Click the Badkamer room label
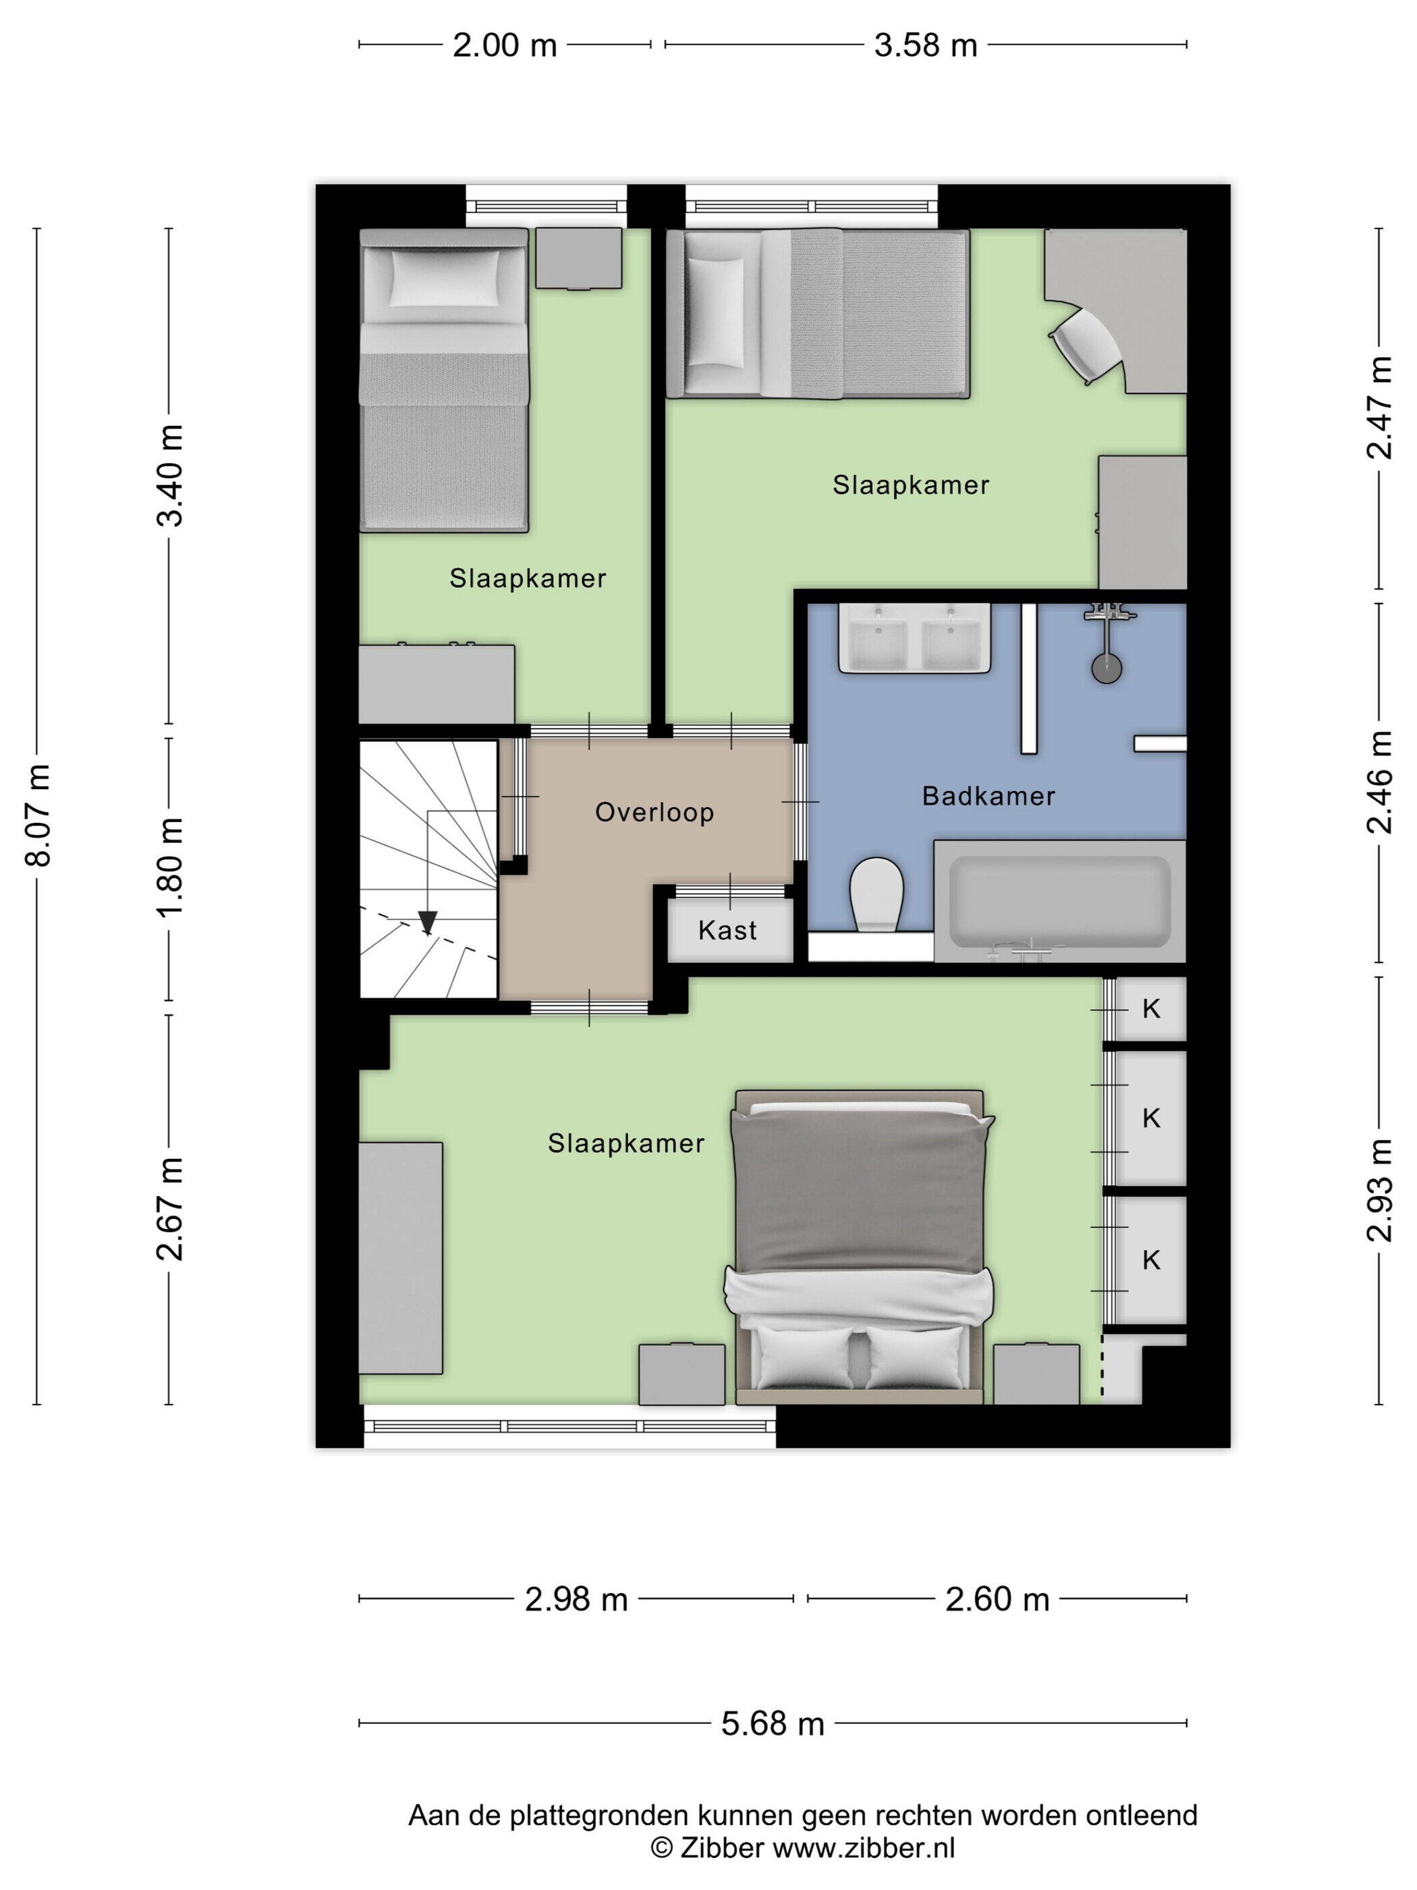pos(989,796)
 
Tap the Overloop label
pos(655,812)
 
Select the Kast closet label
pos(727,929)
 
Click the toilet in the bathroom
pos(877,894)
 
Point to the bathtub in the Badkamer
pos(1060,900)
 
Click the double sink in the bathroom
pos(914,637)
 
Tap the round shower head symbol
pos(1107,668)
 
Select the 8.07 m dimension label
pos(38,816)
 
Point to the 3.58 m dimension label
pos(925,45)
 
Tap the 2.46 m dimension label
pos(1379,782)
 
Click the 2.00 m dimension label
pos(504,45)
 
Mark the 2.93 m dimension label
pos(1379,1190)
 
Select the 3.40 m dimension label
pos(170,475)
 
